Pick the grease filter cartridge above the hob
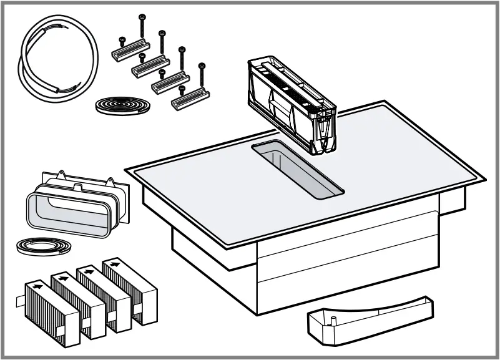click(x=290, y=103)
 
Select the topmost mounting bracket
click(x=128, y=47)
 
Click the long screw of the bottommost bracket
click(x=202, y=75)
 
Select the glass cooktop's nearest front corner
click(x=231, y=246)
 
